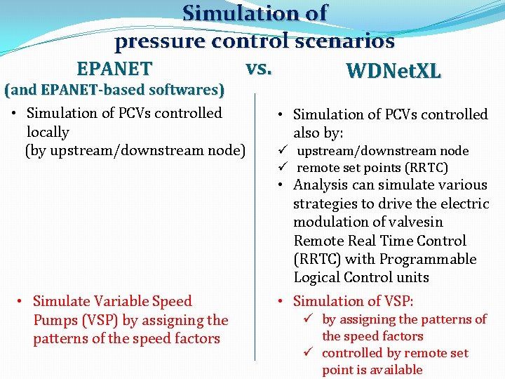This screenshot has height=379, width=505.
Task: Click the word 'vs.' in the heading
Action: (259, 68)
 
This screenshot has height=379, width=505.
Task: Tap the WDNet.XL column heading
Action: (393, 71)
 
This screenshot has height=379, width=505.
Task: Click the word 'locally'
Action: (48, 132)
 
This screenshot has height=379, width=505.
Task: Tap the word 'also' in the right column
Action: (309, 133)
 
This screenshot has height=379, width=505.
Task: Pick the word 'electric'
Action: (464, 204)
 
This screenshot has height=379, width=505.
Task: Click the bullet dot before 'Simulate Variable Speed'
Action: (21, 302)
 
